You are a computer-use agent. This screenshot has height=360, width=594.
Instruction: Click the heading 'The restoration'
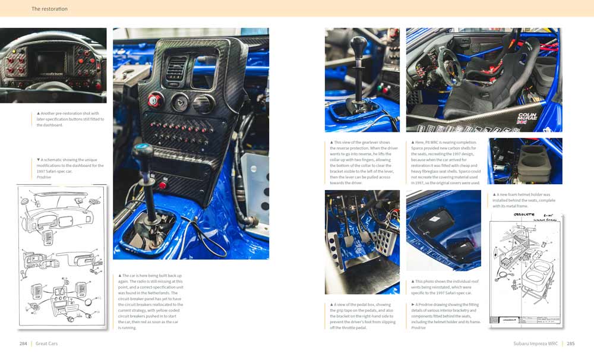(49, 9)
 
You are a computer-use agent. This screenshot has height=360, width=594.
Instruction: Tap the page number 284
(23, 343)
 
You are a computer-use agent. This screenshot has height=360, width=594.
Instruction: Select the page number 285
(571, 343)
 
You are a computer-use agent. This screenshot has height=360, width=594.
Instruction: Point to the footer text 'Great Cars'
(46, 343)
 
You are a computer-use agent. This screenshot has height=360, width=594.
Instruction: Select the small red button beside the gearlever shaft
(162, 185)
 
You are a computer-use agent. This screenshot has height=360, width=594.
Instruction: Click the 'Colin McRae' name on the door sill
(528, 117)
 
